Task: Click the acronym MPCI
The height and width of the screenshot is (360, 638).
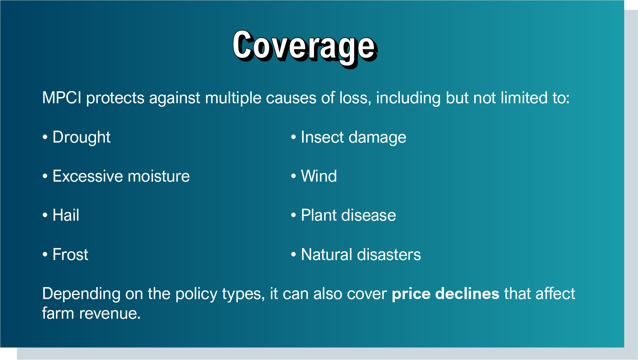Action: tap(62, 98)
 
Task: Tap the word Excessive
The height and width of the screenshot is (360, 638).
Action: tap(87, 176)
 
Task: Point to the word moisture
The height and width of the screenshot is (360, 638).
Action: tap(159, 176)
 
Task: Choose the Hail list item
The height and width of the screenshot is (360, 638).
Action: tap(66, 215)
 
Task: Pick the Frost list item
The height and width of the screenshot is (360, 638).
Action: tap(70, 255)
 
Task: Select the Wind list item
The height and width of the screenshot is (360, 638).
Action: tap(319, 176)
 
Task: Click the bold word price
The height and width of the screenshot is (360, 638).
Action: tap(411, 294)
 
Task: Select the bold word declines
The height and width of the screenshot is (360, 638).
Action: tap(467, 294)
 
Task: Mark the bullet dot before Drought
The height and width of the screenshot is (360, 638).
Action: tap(45, 137)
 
